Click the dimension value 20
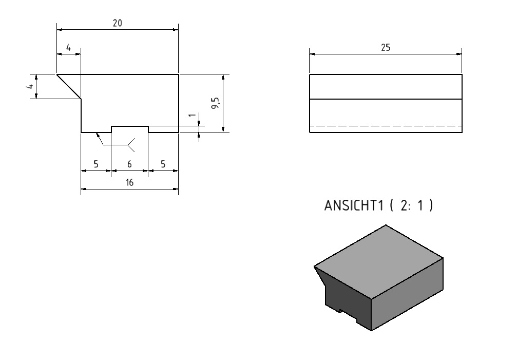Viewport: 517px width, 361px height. [x=118, y=23]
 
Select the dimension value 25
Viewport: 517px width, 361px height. [x=386, y=48]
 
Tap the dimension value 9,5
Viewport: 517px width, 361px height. [x=216, y=103]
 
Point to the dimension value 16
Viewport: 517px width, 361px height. [x=129, y=182]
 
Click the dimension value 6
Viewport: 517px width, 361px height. [x=129, y=164]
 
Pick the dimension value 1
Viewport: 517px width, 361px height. [x=192, y=115]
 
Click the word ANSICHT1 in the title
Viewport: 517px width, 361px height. [x=354, y=205]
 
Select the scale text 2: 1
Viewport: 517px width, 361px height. [x=412, y=205]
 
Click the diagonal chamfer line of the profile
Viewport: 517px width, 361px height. [x=69, y=86]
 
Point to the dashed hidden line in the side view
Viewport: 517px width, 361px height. [x=386, y=126]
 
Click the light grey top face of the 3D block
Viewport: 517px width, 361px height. [x=378, y=262]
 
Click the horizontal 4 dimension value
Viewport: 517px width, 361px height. [x=69, y=48]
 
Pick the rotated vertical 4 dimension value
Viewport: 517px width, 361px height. [x=30, y=86]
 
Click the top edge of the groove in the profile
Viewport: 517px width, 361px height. [x=130, y=126]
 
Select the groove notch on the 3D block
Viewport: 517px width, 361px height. [x=348, y=315]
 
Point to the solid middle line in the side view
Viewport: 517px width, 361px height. [x=386, y=99]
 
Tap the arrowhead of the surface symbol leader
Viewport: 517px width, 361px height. [x=97, y=134]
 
